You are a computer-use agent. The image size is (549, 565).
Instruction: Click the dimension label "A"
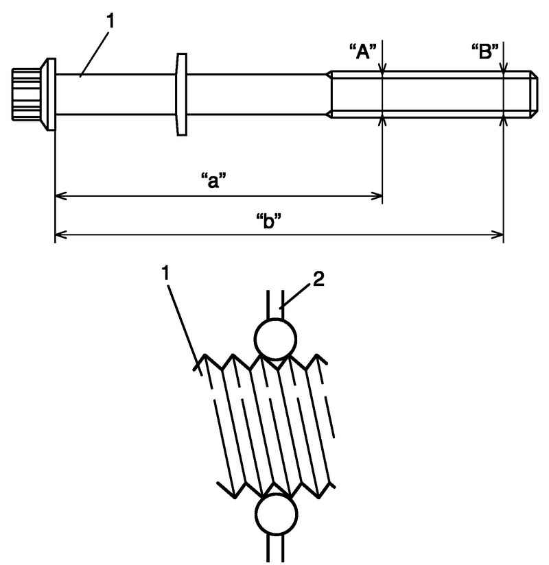coord(363,51)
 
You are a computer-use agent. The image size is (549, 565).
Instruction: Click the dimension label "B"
coord(485,51)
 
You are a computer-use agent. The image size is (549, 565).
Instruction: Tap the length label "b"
coord(268,221)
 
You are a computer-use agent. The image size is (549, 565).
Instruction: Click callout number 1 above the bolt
coord(110,21)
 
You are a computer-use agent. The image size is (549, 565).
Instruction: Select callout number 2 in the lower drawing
coord(318,279)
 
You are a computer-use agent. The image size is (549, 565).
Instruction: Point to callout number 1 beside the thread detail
coord(165,273)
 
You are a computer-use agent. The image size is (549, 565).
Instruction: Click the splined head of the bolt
coord(26,94)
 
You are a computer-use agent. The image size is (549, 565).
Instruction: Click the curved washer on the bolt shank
coord(181,95)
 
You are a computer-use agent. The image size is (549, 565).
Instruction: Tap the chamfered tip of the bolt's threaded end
coord(534,94)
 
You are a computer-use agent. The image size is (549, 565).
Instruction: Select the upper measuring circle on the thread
coord(275,339)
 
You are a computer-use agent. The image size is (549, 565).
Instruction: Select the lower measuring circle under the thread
coord(276,514)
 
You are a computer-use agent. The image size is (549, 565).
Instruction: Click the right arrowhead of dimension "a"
coord(377,196)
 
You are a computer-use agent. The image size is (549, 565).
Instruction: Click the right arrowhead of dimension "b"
coord(498,235)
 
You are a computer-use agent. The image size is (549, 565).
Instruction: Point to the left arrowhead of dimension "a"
coord(61,196)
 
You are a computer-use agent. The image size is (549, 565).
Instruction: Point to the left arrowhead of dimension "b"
coord(61,235)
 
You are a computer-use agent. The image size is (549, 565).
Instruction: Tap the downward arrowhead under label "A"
coord(383,67)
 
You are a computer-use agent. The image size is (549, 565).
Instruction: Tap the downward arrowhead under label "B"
coord(504,67)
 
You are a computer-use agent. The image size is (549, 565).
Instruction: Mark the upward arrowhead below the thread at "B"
coord(504,122)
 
